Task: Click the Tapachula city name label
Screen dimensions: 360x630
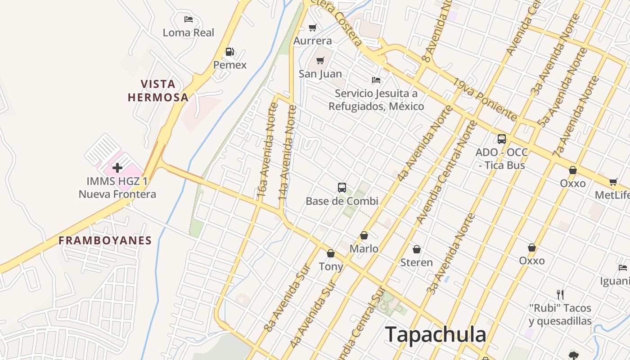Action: click(435, 335)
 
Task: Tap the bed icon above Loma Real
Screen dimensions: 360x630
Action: click(189, 19)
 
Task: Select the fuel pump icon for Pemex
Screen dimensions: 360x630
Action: click(229, 52)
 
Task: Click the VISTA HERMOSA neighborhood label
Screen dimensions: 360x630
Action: click(158, 90)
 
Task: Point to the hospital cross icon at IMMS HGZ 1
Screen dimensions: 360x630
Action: click(117, 168)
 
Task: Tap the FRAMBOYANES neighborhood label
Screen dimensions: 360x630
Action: click(105, 240)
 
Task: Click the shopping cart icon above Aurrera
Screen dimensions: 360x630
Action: click(313, 28)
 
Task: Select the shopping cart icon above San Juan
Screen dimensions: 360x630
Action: click(320, 61)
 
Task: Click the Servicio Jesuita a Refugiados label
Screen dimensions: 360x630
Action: click(376, 100)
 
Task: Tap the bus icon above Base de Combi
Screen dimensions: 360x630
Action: click(342, 188)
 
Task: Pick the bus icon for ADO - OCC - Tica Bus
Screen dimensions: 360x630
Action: click(502, 139)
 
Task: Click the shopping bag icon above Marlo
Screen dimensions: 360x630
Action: click(364, 235)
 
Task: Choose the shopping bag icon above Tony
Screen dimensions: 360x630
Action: click(331, 254)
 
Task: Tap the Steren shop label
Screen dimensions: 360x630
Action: click(416, 262)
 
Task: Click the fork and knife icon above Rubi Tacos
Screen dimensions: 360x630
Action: click(560, 295)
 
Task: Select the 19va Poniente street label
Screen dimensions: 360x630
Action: click(485, 100)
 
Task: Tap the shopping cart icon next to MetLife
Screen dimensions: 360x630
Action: click(613, 182)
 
